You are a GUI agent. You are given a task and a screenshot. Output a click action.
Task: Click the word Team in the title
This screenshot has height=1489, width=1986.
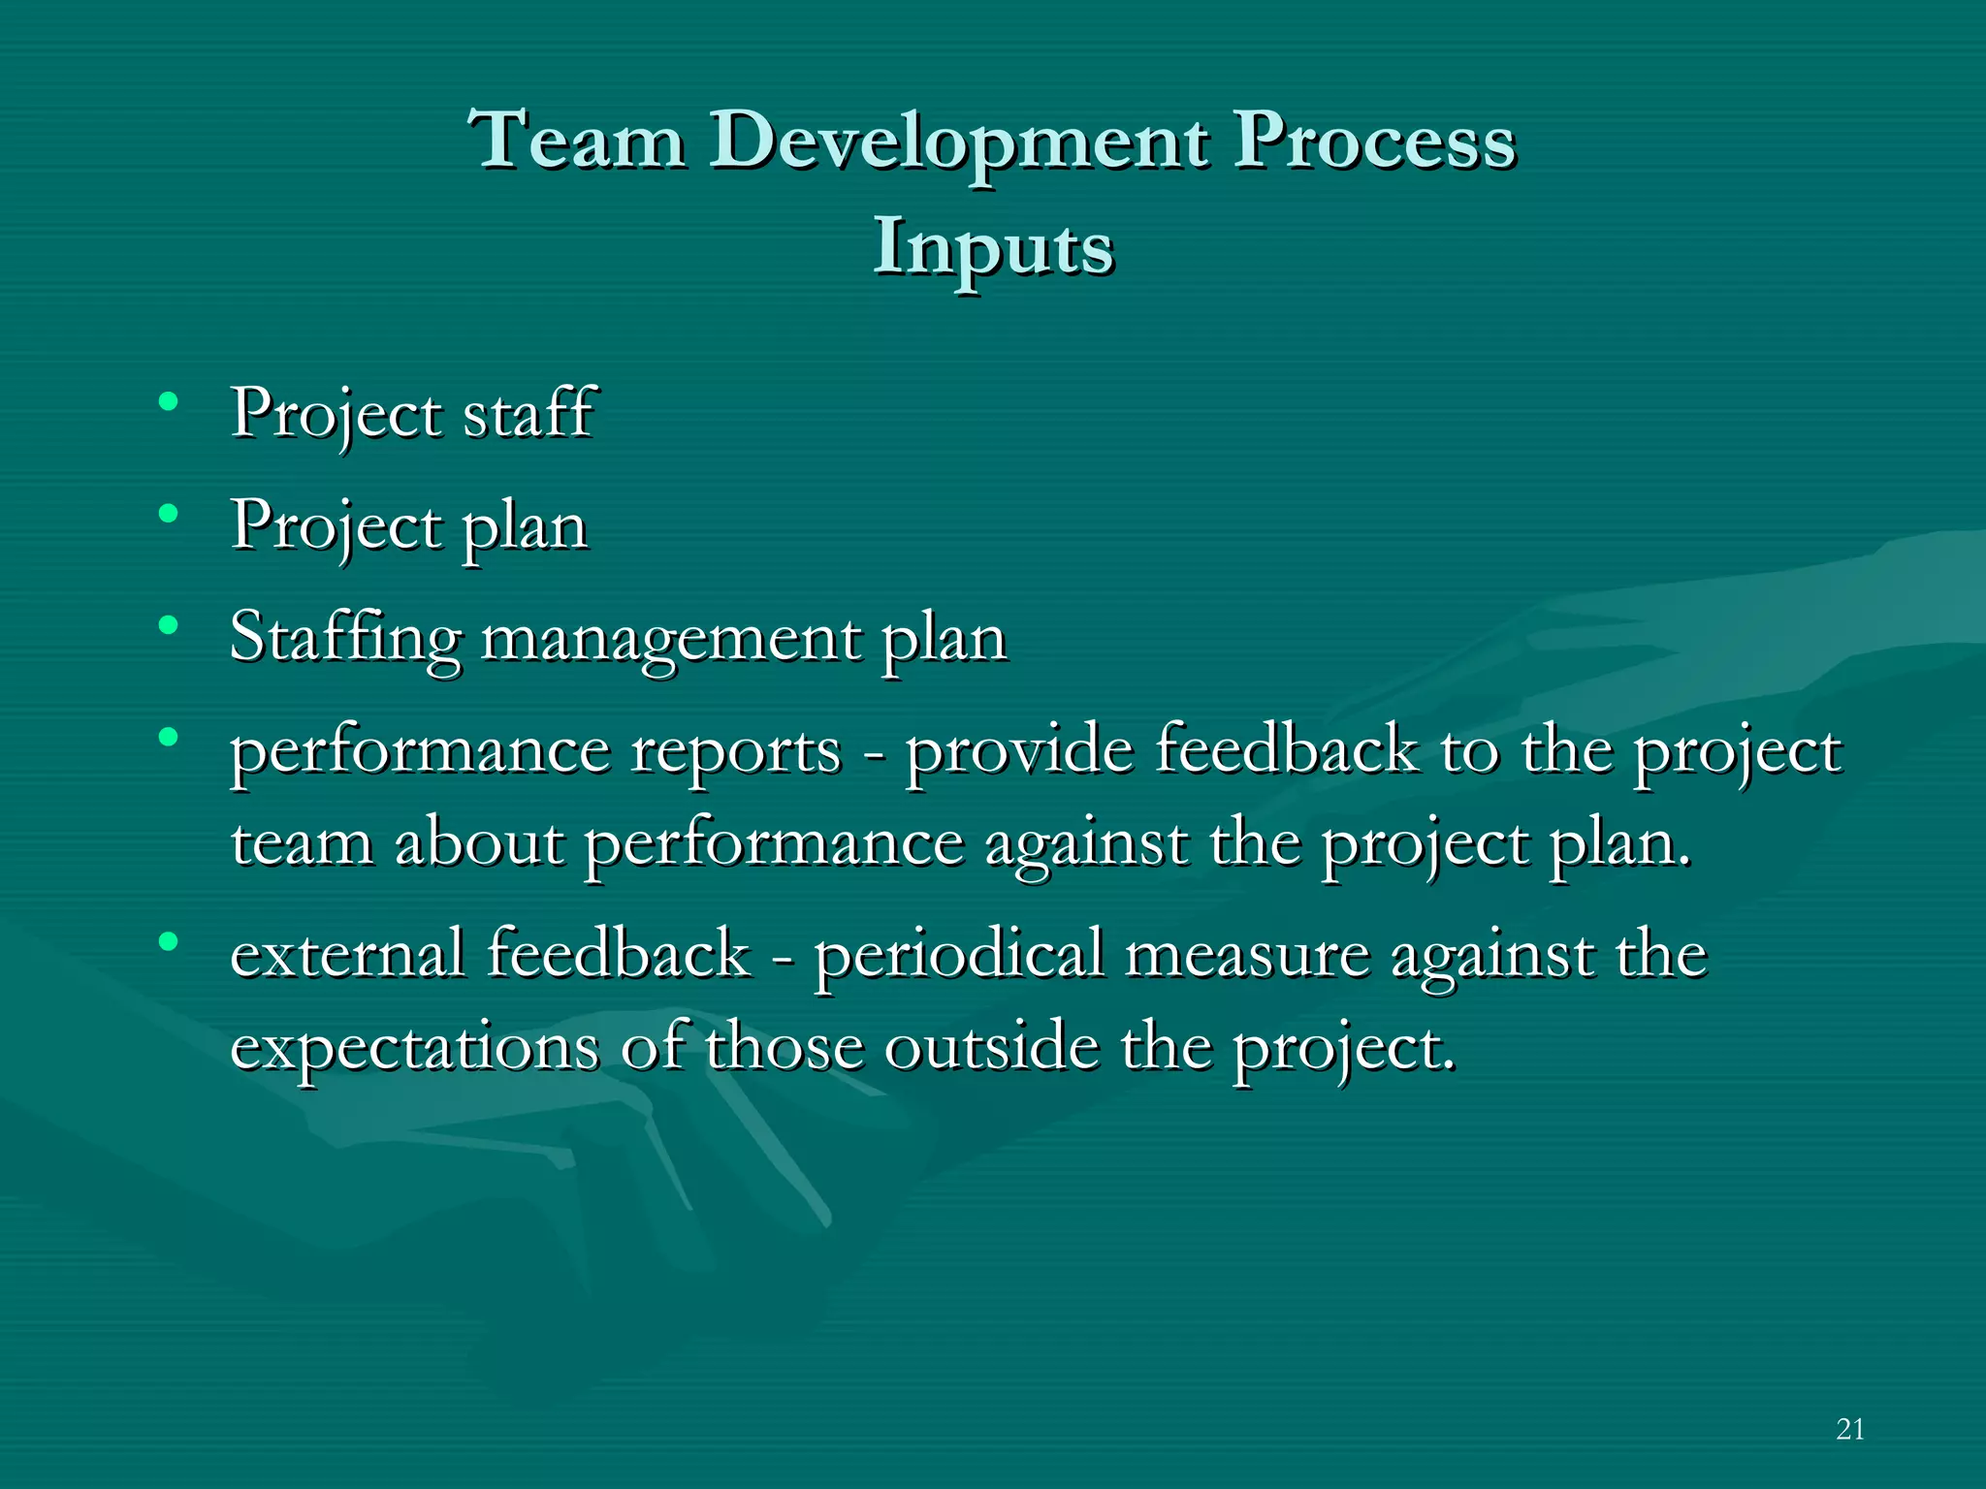click(577, 141)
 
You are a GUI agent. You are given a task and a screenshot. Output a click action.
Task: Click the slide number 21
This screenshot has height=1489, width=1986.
click(1850, 1429)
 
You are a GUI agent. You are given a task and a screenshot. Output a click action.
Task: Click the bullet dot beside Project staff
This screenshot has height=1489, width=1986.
click(169, 401)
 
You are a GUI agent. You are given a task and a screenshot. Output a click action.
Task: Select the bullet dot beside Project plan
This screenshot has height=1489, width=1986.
click(169, 514)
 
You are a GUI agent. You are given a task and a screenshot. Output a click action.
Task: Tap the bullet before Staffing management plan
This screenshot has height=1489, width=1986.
click(169, 625)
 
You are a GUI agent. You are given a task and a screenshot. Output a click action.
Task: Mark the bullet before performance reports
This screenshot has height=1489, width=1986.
click(169, 737)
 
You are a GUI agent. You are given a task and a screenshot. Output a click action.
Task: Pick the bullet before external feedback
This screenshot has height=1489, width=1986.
click(169, 940)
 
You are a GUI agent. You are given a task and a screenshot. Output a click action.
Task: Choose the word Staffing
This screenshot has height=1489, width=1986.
click(345, 640)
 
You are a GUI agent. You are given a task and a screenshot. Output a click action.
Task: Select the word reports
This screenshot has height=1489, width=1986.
click(736, 751)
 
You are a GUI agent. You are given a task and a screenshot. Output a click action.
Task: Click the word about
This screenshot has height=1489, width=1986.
click(479, 842)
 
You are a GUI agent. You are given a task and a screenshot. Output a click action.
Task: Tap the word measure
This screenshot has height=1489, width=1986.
click(1247, 955)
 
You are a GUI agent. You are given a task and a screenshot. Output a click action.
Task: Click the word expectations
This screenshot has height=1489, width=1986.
click(414, 1049)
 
